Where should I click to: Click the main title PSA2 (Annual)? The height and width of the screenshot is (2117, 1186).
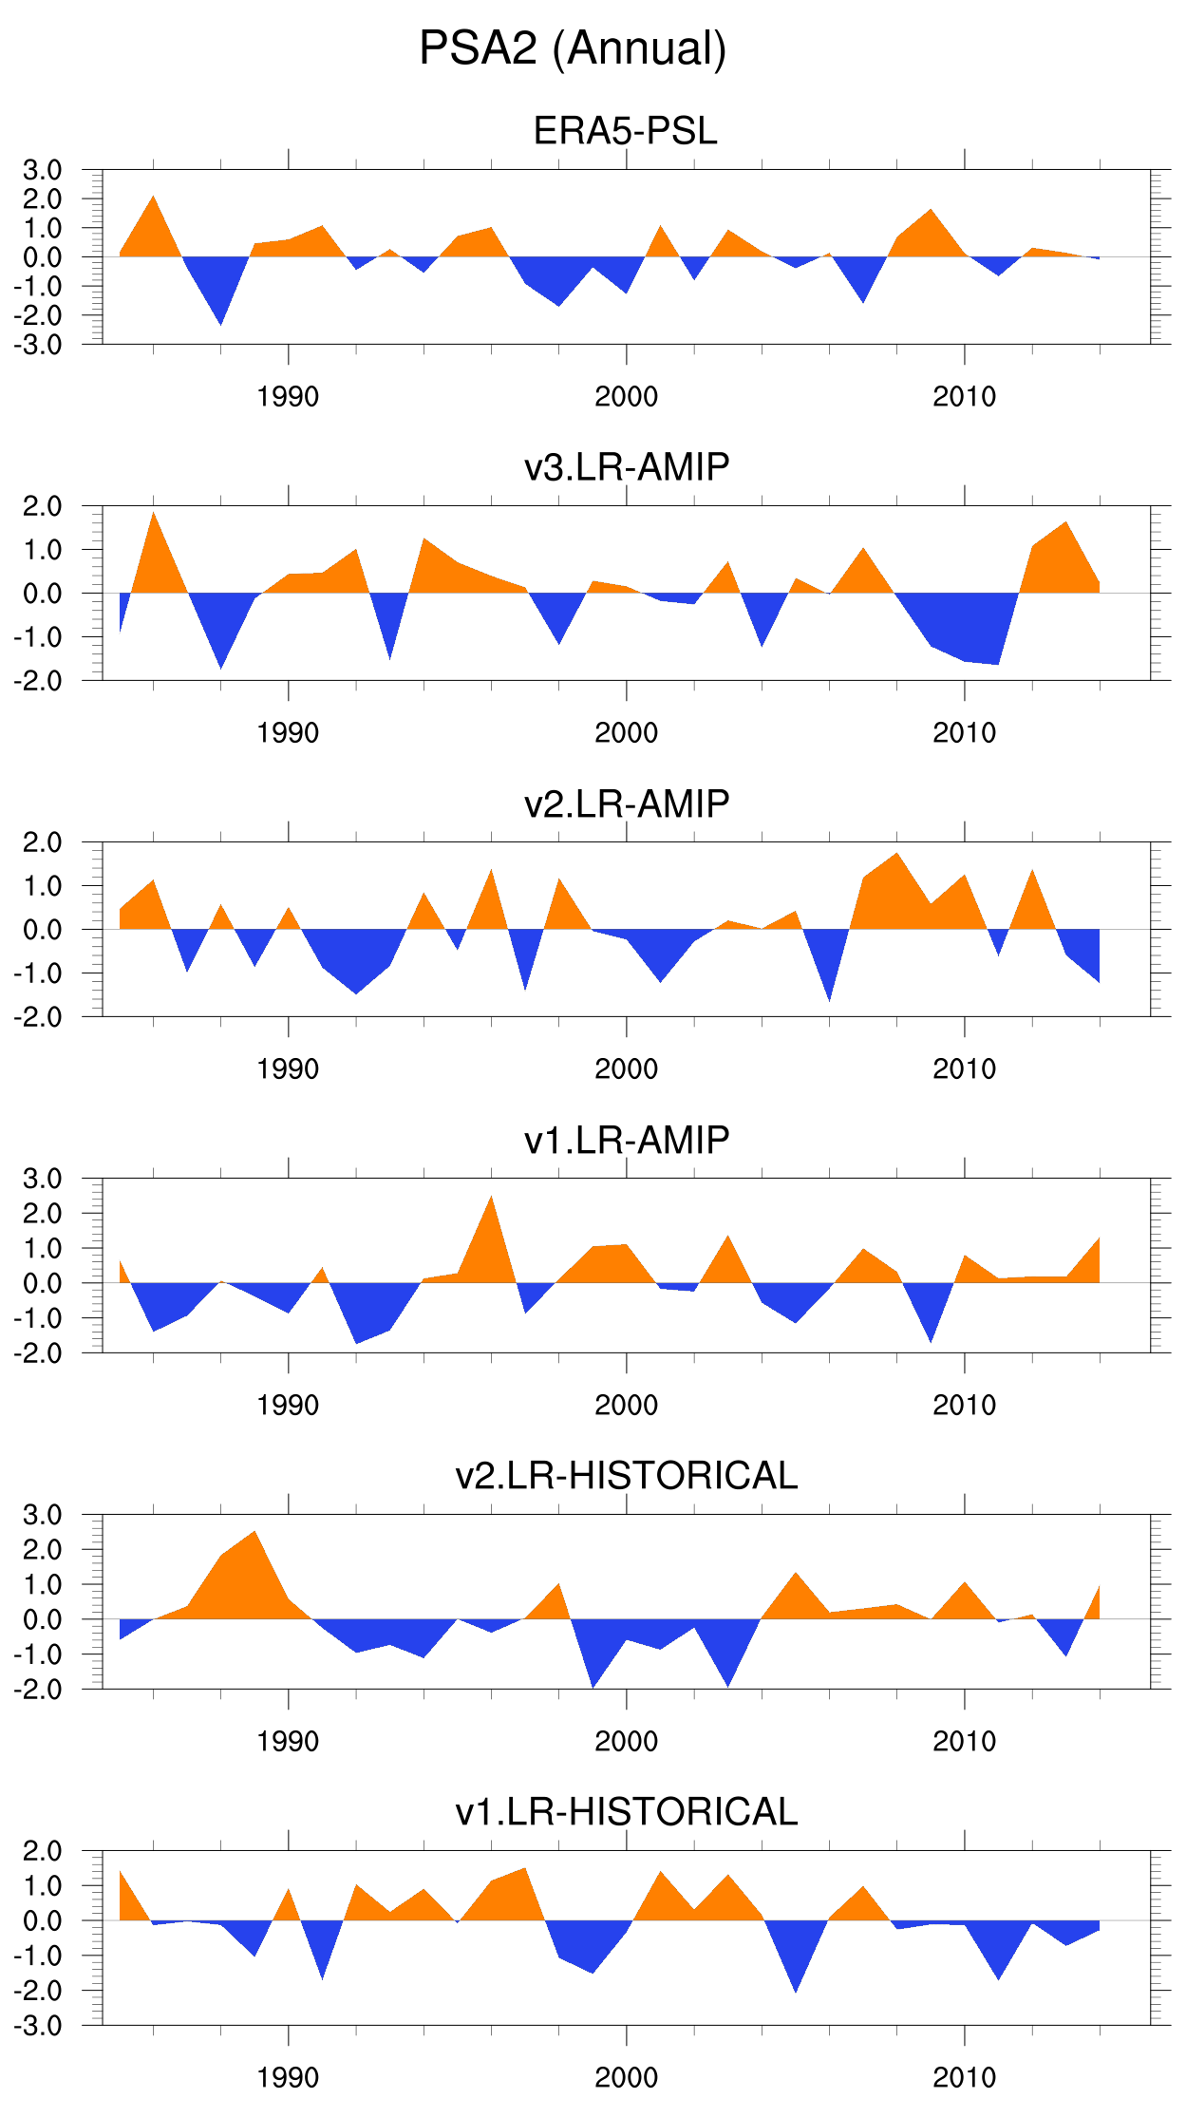tap(573, 48)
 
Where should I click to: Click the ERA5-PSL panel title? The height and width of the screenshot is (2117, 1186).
tap(625, 131)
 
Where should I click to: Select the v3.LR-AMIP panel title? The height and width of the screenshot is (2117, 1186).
tap(627, 467)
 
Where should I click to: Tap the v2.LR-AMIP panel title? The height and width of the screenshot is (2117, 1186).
tap(627, 803)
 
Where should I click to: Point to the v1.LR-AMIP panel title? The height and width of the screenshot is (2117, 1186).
tap(627, 1140)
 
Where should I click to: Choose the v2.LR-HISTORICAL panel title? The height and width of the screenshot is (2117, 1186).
tap(627, 1476)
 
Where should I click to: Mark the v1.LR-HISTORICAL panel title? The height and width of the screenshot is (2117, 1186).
tap(627, 1812)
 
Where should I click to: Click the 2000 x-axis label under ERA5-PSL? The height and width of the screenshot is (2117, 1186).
tap(626, 397)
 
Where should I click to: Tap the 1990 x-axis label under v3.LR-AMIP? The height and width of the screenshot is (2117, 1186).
tap(288, 733)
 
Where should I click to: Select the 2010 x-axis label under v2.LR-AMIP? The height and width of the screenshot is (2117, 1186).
tap(964, 1069)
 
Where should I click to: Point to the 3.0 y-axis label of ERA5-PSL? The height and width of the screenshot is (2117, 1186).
tap(42, 171)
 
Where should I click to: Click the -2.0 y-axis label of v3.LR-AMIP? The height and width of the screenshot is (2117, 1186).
tap(38, 681)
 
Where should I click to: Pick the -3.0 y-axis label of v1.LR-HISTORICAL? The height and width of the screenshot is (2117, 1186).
tap(38, 2026)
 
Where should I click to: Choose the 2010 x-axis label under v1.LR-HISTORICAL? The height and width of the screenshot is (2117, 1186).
tap(964, 2078)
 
